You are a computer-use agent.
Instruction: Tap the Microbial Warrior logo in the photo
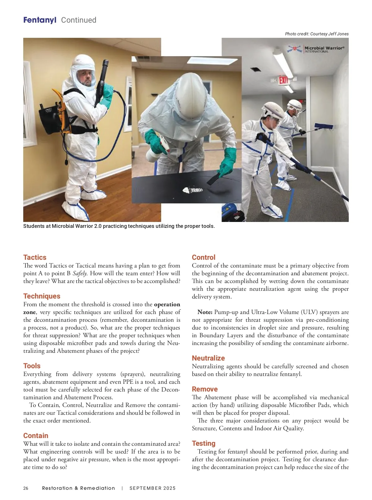click(x=316, y=49)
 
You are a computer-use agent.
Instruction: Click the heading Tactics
click(x=35, y=257)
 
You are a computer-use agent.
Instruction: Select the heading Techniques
click(x=42, y=296)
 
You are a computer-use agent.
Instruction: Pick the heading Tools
click(x=32, y=366)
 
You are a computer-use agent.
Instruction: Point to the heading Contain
click(x=36, y=436)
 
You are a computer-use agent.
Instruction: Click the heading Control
click(x=204, y=257)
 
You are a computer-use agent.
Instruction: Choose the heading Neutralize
click(x=208, y=358)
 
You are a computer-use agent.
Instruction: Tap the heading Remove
click(x=205, y=389)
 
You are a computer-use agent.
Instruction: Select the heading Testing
click(x=204, y=443)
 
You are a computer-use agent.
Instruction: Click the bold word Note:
click(x=205, y=312)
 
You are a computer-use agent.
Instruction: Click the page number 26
click(x=26, y=488)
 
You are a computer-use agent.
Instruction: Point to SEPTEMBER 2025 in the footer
click(x=153, y=488)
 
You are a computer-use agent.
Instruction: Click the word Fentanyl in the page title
click(x=40, y=20)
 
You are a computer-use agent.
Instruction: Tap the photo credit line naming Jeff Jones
click(x=317, y=34)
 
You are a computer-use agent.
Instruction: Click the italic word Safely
click(x=80, y=273)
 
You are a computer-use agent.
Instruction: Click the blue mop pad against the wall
click(x=324, y=126)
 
